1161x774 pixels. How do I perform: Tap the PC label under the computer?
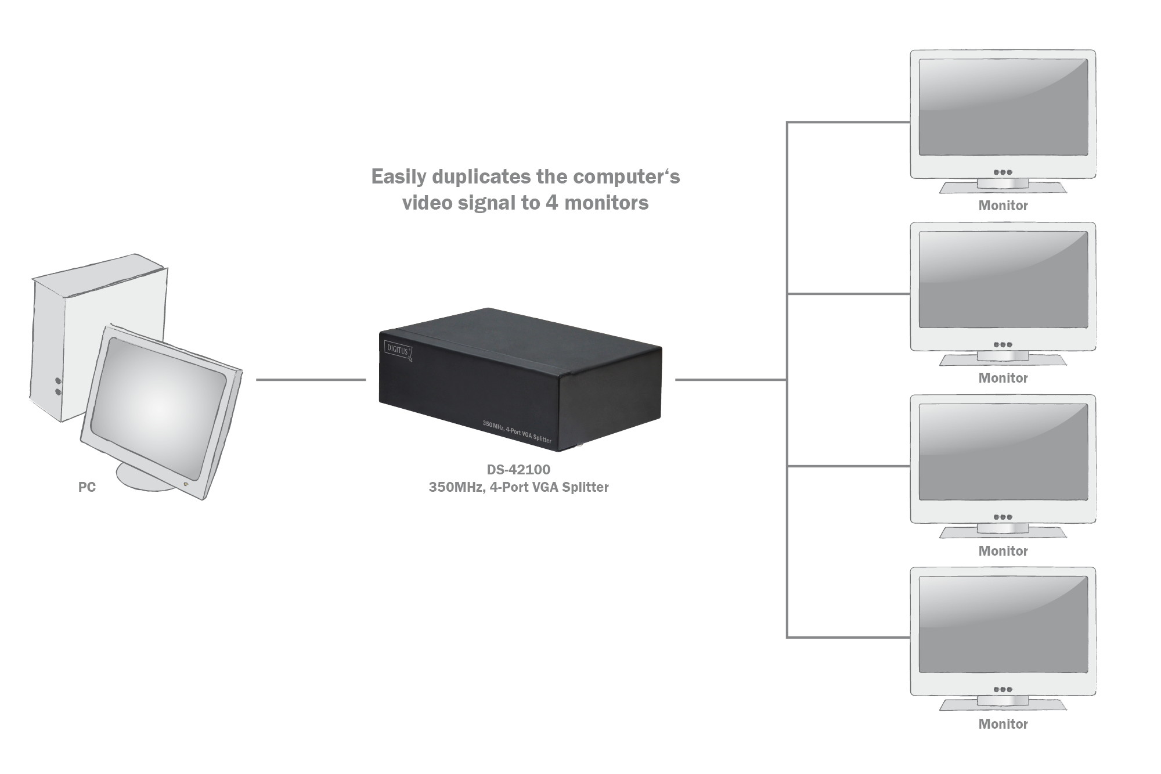87,487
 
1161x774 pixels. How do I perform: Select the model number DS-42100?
518,469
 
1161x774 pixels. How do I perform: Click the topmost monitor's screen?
1003,107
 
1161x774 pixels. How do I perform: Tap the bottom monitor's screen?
1003,624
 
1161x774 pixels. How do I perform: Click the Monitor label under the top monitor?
1003,206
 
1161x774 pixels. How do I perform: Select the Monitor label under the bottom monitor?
1003,724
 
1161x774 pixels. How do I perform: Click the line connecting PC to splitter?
311,380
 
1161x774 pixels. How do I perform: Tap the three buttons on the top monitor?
1003,172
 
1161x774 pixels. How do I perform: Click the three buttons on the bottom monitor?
1003,690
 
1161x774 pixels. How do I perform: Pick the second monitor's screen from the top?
1003,279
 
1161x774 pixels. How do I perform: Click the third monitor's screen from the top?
1003,452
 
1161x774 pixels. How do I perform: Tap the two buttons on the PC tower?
58,387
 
